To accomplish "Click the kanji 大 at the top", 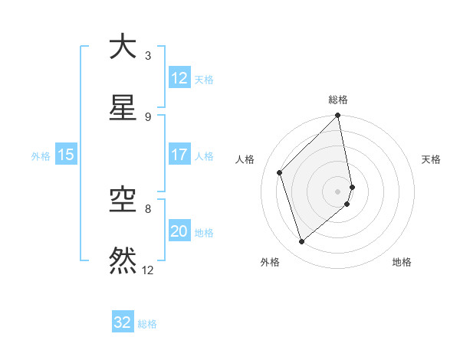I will (123, 47).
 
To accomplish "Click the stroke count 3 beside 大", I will (148, 55).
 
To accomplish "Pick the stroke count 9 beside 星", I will (148, 116).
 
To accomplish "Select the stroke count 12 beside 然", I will (148, 270).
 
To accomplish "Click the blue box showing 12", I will (179, 78).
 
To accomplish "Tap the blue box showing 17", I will (179, 155).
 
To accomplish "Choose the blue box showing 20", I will (179, 231).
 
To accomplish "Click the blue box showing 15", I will (66, 155).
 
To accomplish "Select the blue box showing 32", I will (123, 322).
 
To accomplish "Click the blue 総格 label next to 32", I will (148, 324).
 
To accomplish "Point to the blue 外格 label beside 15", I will (41, 155).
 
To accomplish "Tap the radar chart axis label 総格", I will (338, 100).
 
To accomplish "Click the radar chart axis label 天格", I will (432, 159).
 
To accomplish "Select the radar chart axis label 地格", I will (402, 262).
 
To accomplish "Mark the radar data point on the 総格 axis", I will (338, 116).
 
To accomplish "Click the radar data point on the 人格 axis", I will (280, 172).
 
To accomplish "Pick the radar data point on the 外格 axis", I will (302, 242).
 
